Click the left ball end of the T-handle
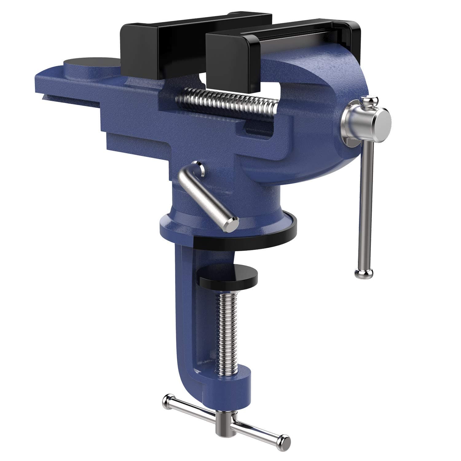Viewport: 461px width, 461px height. coord(169,400)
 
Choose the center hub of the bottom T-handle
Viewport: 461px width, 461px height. coord(226,421)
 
